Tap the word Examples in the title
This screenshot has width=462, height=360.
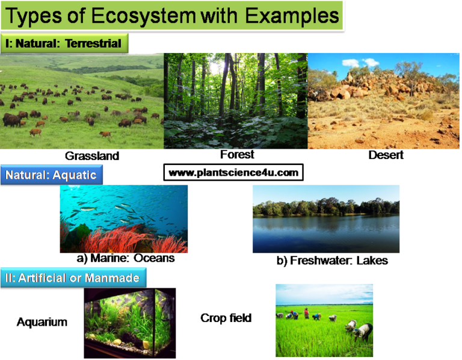[x=292, y=16]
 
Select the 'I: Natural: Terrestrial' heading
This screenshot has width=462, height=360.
[x=64, y=43]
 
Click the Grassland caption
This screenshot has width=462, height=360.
[x=92, y=156]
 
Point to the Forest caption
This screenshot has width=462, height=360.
[x=237, y=155]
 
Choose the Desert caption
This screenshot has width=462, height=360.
[x=386, y=155]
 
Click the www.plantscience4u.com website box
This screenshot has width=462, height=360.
[x=233, y=173]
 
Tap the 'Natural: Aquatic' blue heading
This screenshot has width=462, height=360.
[x=52, y=175]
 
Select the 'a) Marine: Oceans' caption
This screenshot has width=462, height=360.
[x=126, y=258]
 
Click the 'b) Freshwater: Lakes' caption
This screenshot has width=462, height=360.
[x=332, y=261]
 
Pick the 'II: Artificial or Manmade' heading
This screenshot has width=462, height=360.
[x=73, y=278]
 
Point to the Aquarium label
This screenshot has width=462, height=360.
[x=42, y=322]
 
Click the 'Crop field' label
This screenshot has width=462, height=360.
[x=226, y=318]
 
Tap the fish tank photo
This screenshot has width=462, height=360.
[x=130, y=323]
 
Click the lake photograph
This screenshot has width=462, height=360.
[x=326, y=219]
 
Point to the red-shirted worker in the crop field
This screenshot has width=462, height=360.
[x=306, y=313]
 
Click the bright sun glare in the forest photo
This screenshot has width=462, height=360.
[x=215, y=69]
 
